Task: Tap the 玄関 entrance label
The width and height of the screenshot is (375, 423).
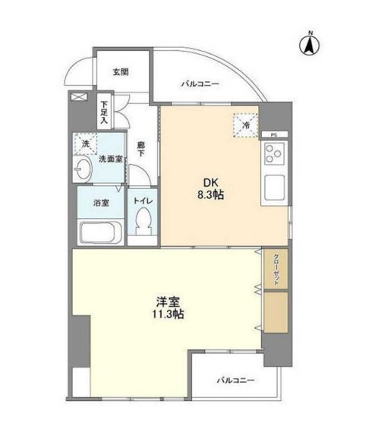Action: point(121,72)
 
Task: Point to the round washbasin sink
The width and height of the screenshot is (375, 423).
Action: point(83,169)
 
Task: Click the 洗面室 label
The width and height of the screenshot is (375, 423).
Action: point(109,160)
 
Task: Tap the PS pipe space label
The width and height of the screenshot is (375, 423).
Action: point(273,134)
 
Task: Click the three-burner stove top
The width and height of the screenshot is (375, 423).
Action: point(273,157)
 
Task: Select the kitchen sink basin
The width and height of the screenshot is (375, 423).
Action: point(273,186)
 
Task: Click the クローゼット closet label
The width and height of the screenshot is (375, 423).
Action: point(276,267)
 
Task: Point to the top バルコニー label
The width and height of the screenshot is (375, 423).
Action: point(200,85)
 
